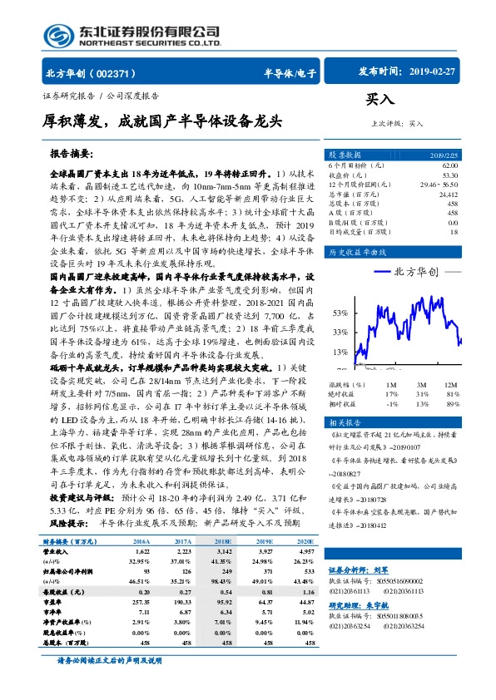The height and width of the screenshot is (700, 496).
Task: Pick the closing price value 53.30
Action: click(x=449, y=175)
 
